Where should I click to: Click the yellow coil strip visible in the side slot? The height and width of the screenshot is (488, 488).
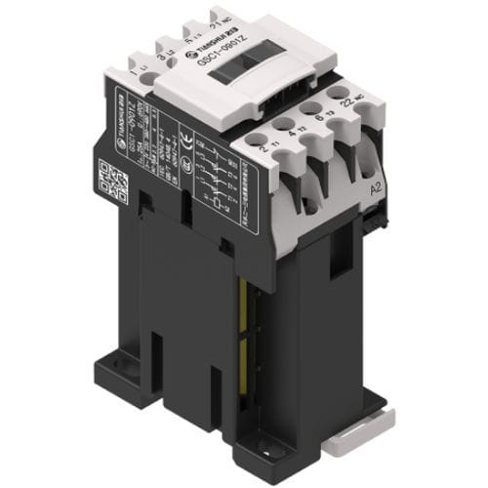pos(245,322)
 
